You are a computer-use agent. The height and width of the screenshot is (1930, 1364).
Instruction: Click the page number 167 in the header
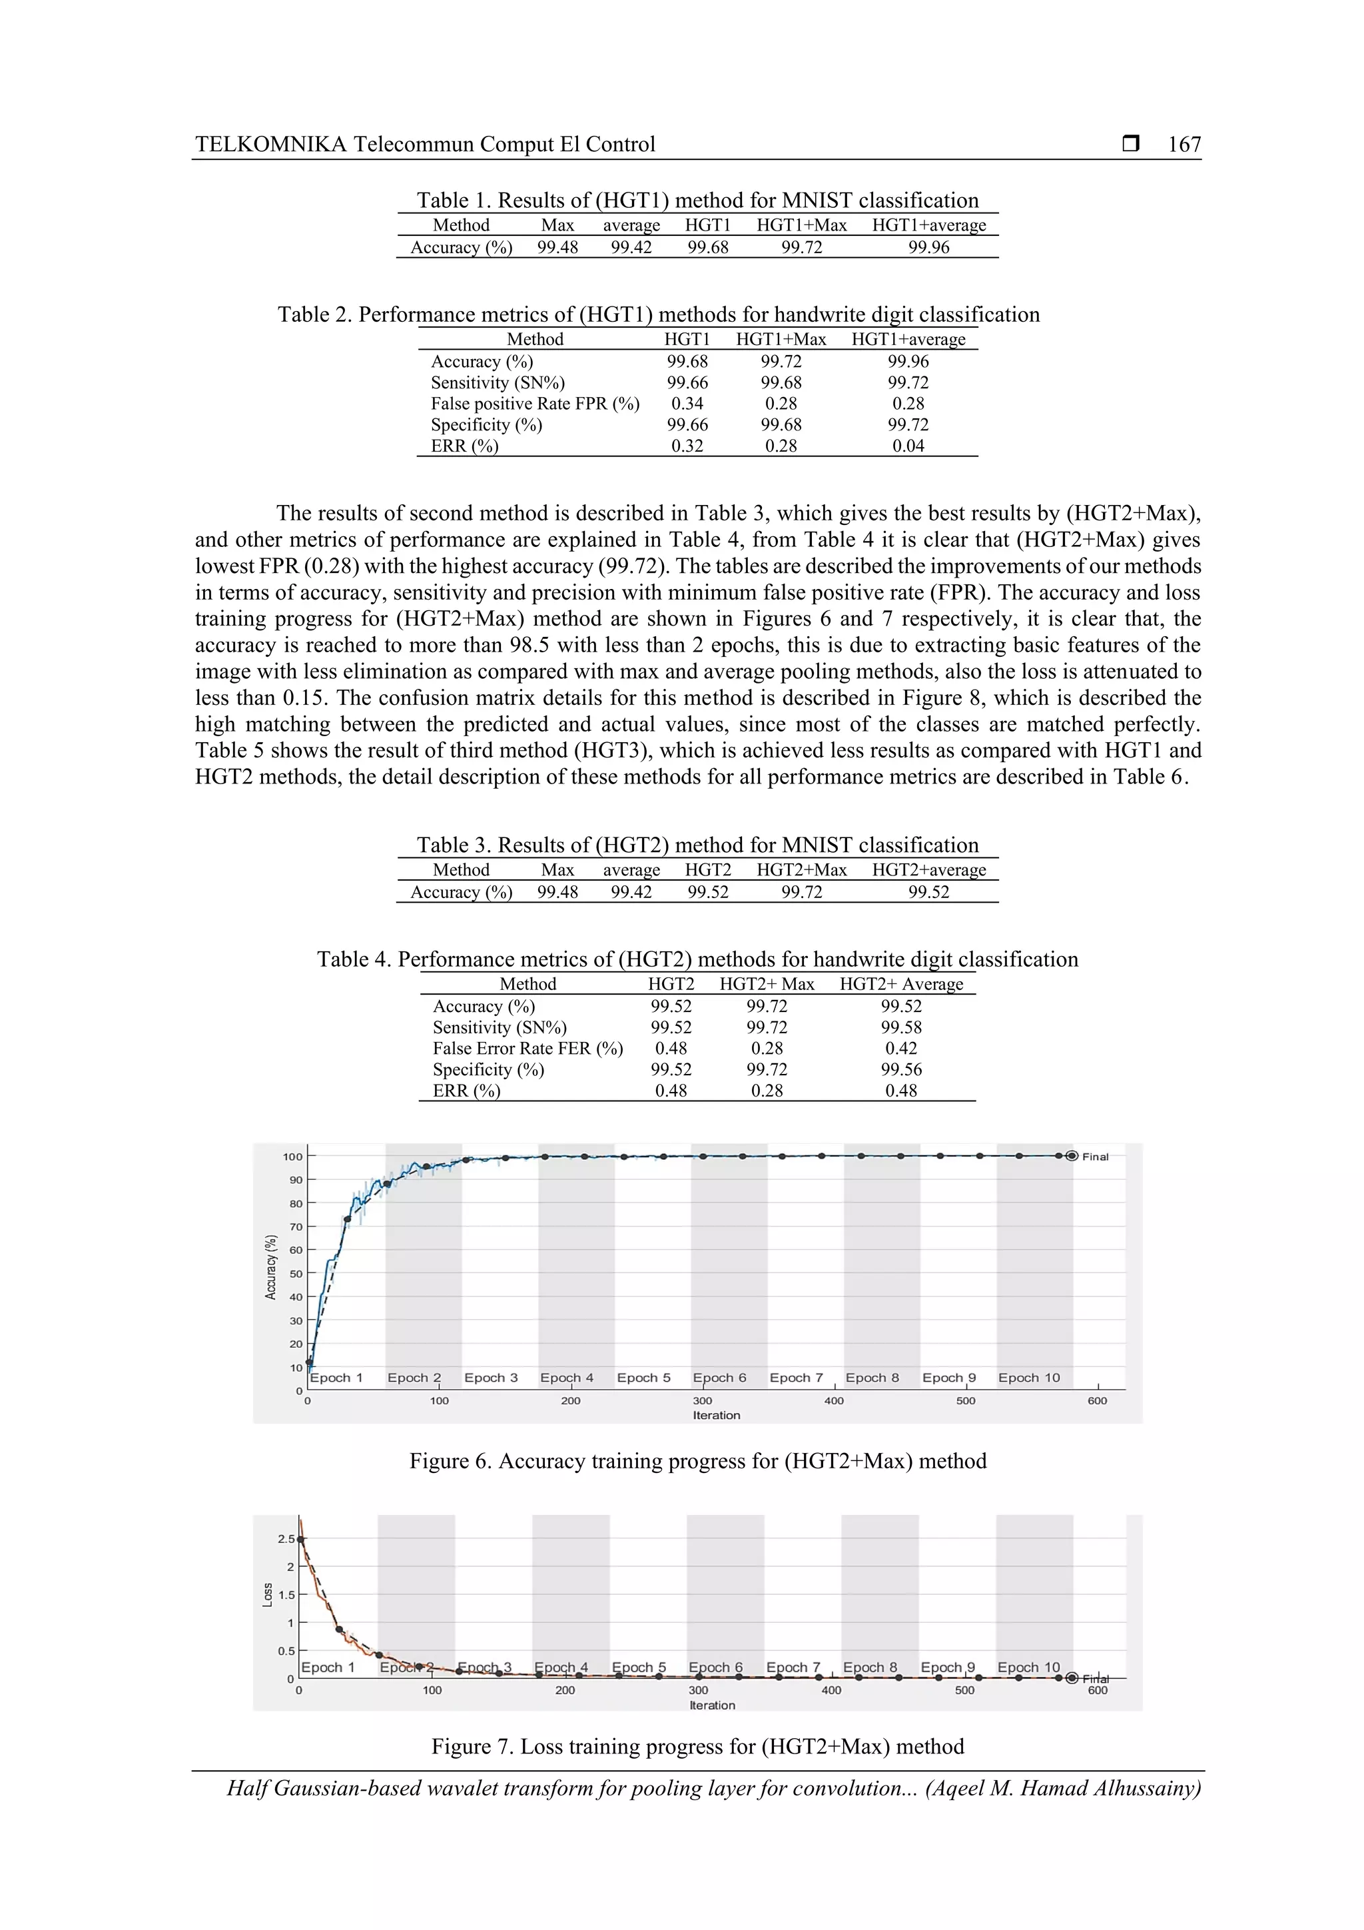[1184, 145]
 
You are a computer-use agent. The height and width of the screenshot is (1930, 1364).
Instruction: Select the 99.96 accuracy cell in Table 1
[928, 247]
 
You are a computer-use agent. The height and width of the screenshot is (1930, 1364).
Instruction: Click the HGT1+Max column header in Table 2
[781, 340]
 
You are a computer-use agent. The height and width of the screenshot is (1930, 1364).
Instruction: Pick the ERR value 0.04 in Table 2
[908, 446]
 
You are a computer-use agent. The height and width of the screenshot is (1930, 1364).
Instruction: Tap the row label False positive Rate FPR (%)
[535, 404]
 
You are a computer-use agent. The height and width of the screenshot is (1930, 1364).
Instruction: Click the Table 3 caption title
[697, 845]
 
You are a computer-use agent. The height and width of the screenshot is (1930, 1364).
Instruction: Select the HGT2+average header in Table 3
[928, 870]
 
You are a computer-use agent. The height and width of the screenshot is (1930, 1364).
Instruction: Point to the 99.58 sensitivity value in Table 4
[901, 1027]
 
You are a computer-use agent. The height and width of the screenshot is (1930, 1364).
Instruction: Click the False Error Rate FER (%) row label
[527, 1048]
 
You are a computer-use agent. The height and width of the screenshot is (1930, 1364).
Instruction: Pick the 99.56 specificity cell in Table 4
[901, 1069]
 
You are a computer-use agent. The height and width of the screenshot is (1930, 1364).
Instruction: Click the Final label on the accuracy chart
[1095, 1157]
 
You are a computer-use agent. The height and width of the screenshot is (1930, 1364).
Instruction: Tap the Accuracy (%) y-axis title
[270, 1266]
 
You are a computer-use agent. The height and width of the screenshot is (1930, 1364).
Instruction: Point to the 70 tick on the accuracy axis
[296, 1227]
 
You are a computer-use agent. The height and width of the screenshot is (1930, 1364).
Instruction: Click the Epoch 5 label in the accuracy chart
[644, 1378]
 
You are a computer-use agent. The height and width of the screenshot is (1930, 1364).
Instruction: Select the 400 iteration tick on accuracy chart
[834, 1401]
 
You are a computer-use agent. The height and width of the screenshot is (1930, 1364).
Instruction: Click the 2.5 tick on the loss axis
[286, 1539]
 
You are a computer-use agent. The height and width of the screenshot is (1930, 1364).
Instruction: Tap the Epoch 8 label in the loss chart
[870, 1668]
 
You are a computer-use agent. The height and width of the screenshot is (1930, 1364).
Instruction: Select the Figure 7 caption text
[697, 1747]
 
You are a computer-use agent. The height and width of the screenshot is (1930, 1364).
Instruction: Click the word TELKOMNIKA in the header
[270, 145]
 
